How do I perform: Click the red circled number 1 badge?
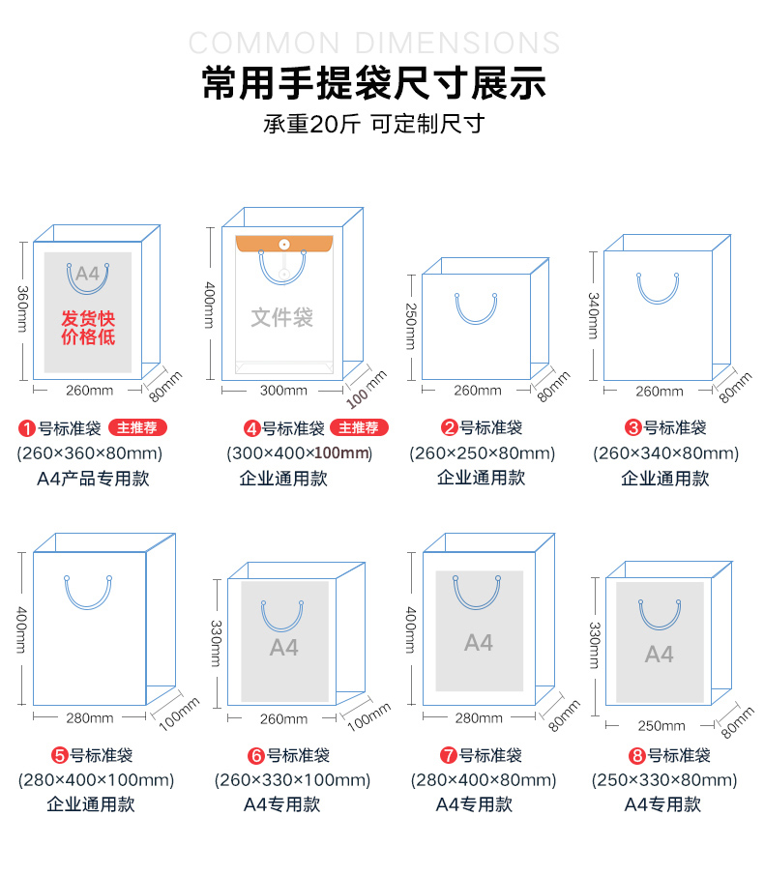click(27, 428)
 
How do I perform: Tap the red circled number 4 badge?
click(252, 428)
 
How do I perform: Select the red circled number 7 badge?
click(449, 755)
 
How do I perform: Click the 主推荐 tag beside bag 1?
click(137, 427)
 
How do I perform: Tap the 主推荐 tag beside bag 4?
click(359, 427)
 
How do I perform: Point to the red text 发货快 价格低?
click(88, 328)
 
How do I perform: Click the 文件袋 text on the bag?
click(281, 317)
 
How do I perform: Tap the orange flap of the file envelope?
click(284, 244)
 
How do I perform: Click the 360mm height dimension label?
click(22, 308)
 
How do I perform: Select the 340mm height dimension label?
click(593, 315)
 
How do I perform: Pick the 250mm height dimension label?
click(411, 326)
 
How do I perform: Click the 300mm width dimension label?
click(283, 390)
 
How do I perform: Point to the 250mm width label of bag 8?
click(661, 725)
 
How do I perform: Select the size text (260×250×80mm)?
click(483, 453)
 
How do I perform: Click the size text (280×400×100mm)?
click(96, 780)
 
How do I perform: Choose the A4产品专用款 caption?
click(93, 479)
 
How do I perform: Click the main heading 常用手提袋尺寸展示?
click(374, 82)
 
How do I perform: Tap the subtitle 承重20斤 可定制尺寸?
click(374, 124)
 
